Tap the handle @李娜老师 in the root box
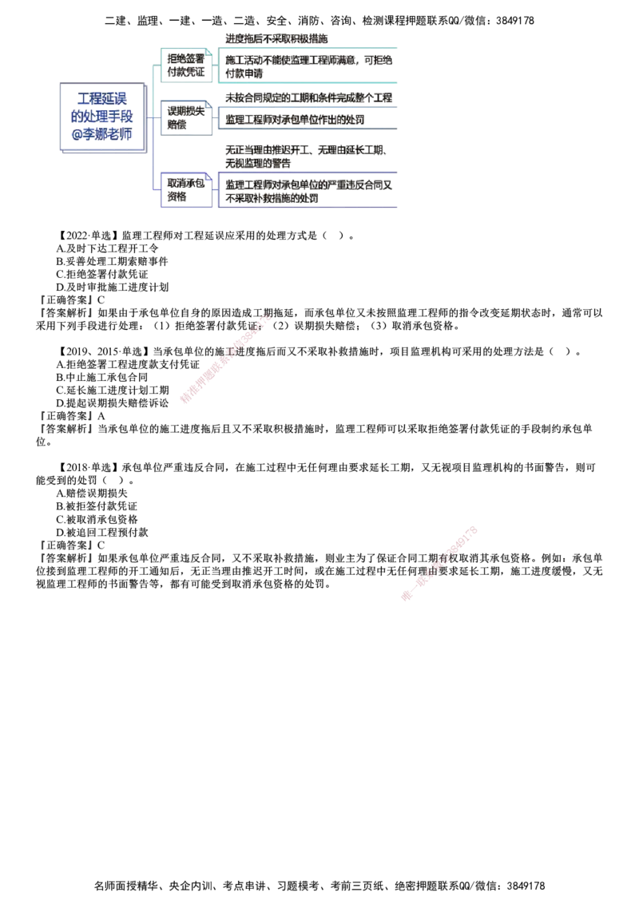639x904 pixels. pos(101,133)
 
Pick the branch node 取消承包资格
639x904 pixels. pos(187,190)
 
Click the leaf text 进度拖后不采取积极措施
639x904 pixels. pos(276,38)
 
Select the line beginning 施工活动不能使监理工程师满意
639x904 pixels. pos(310,60)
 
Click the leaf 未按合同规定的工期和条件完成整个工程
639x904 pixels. pos(310,97)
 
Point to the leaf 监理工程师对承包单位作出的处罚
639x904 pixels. pos(294,120)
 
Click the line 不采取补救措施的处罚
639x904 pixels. pos(272,198)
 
